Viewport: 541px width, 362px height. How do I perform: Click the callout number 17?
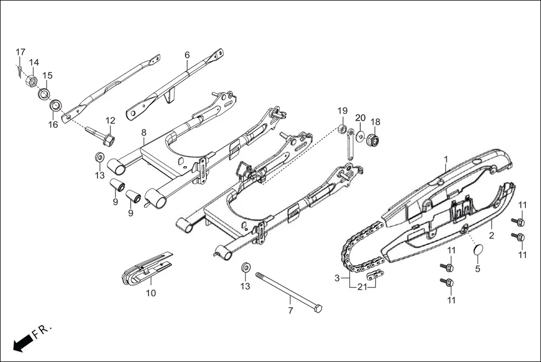click(x=20, y=52)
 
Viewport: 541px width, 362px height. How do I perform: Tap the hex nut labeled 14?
click(x=32, y=81)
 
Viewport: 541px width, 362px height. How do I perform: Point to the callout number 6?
click(x=187, y=55)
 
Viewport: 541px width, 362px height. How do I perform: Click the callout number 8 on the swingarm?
click(x=144, y=132)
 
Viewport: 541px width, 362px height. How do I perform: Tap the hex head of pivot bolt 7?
click(x=318, y=308)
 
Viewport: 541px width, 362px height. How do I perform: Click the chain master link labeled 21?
click(x=375, y=276)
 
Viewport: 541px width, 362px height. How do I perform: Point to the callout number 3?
click(x=337, y=278)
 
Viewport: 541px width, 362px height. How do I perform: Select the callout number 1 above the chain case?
click(x=446, y=159)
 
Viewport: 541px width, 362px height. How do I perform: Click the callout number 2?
click(x=492, y=235)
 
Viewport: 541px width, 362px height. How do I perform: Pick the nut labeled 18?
click(x=373, y=139)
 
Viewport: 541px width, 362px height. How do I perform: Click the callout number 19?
click(x=343, y=110)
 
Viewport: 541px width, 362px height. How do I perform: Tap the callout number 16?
click(x=53, y=125)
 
